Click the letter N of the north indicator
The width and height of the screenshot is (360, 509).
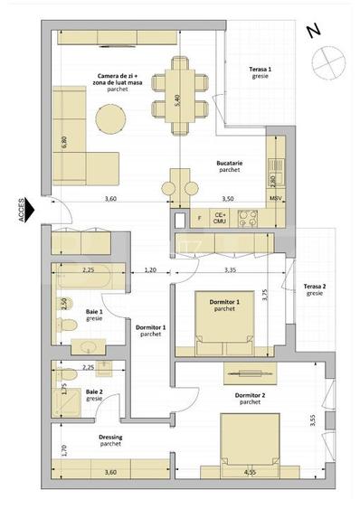pyautogui.click(x=314, y=30)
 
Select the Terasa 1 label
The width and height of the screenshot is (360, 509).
pyautogui.click(x=261, y=73)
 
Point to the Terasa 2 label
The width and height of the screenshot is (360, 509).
pyautogui.click(x=315, y=288)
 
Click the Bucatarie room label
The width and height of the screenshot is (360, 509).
pyautogui.click(x=228, y=165)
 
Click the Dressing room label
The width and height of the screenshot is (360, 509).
pyautogui.click(x=110, y=439)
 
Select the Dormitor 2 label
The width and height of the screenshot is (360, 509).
pyautogui.click(x=250, y=399)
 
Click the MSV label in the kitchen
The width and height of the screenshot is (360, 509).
pyautogui.click(x=276, y=197)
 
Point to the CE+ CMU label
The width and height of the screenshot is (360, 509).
pyautogui.click(x=219, y=217)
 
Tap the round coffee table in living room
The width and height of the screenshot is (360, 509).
pyautogui.click(x=114, y=117)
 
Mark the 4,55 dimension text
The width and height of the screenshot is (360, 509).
pyautogui.click(x=250, y=472)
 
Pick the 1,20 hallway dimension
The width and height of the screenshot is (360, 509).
pyautogui.click(x=150, y=269)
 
